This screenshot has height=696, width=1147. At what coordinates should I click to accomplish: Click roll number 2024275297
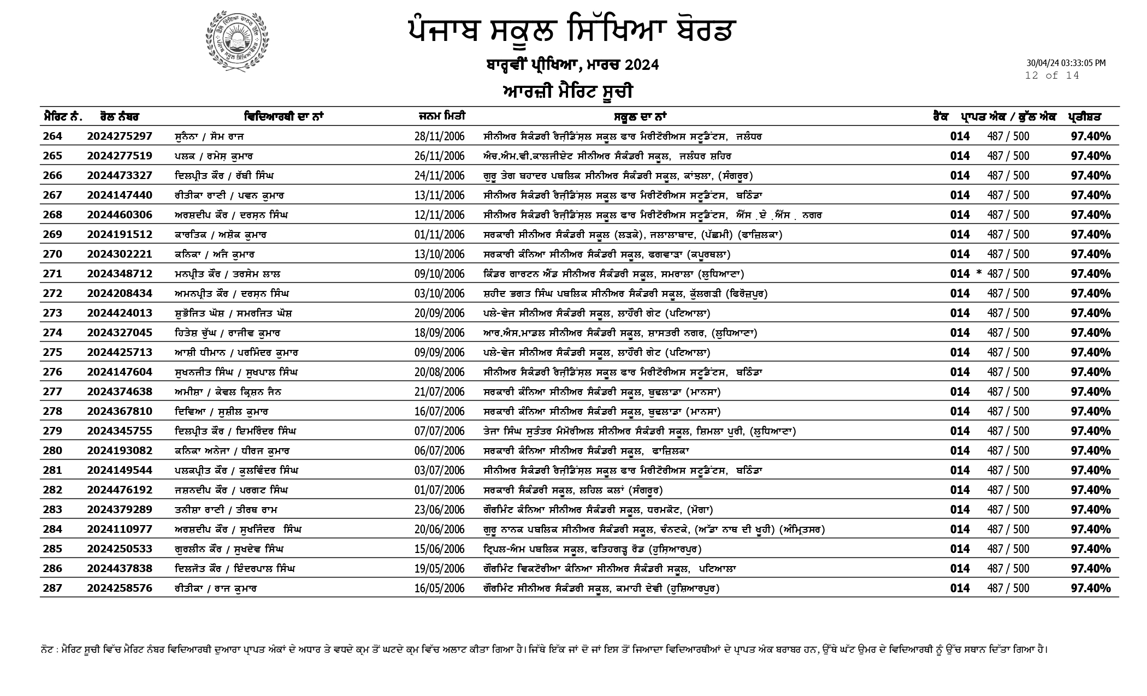click(x=120, y=136)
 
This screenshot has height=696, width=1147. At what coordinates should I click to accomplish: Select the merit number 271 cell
click(x=53, y=274)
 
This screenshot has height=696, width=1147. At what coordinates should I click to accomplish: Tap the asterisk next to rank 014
click(x=979, y=273)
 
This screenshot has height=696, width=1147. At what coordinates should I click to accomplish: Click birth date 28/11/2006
click(x=439, y=136)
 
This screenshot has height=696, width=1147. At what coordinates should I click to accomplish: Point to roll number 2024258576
click(x=120, y=588)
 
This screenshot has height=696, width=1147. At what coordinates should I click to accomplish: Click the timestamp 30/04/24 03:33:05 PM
click(x=1066, y=63)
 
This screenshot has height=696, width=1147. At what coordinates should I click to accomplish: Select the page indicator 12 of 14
click(x=1052, y=76)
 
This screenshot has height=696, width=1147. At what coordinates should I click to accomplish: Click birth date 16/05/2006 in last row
click(x=439, y=588)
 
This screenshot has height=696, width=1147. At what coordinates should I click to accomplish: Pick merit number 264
click(x=53, y=136)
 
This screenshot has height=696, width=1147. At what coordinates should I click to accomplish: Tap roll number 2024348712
click(x=120, y=274)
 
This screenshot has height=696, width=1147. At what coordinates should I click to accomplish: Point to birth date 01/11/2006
click(x=439, y=235)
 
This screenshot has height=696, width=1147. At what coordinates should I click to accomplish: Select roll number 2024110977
click(x=120, y=530)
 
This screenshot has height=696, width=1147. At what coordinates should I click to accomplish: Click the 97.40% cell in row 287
click(x=1090, y=588)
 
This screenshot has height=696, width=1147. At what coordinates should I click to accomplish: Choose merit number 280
click(x=53, y=451)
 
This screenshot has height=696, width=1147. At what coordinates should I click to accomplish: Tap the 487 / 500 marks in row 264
click(x=1008, y=136)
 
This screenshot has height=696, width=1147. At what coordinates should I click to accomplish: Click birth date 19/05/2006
click(x=439, y=569)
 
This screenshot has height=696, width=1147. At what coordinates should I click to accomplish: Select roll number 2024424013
click(x=120, y=313)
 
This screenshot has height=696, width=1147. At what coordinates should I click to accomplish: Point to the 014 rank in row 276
click(x=960, y=372)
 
